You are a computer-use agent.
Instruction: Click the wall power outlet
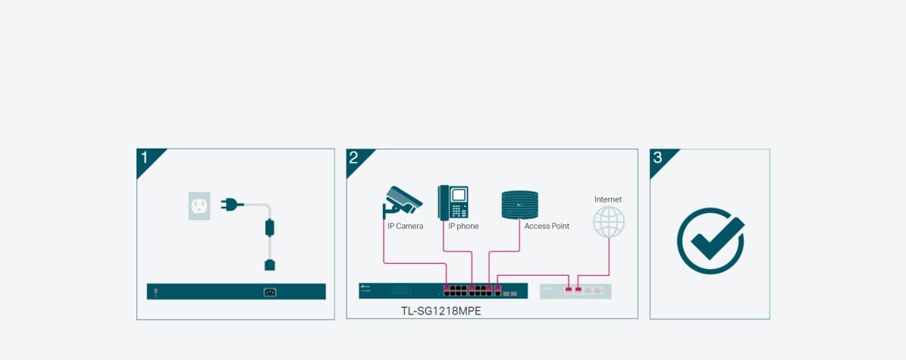click(199, 205)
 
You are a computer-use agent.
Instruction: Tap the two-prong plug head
click(230, 203)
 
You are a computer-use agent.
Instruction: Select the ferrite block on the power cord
click(268, 227)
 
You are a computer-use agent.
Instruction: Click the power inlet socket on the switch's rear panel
click(268, 292)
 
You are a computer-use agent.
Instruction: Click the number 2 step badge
click(354, 158)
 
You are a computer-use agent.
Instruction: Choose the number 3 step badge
click(657, 158)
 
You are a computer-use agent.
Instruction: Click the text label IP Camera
click(405, 226)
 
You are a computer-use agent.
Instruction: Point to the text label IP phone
click(463, 226)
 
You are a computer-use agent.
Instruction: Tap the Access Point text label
click(547, 226)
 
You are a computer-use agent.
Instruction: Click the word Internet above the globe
click(608, 199)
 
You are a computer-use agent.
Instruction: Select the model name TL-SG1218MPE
click(441, 311)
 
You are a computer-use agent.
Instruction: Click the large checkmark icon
click(710, 240)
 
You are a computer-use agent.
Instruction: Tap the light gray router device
click(575, 290)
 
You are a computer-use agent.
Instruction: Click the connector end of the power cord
click(268, 265)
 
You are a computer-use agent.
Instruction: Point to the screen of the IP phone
click(459, 194)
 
